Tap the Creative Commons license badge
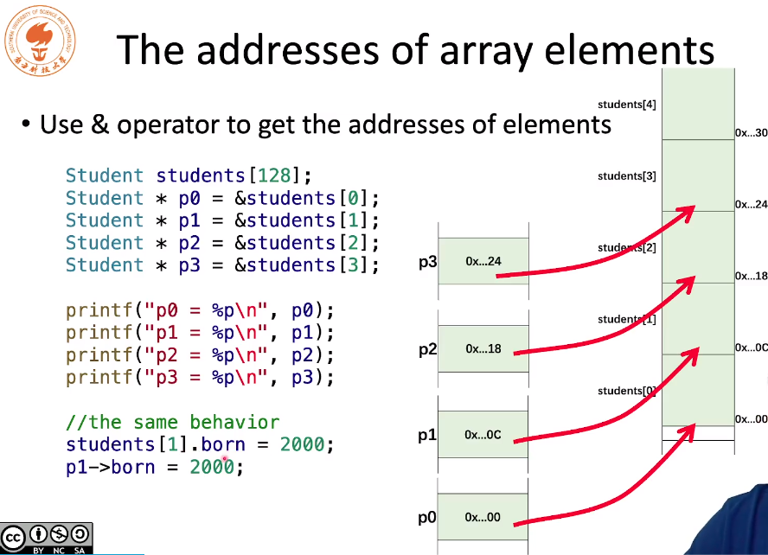point(47,539)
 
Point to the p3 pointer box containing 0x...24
point(483,261)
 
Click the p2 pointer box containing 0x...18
point(483,349)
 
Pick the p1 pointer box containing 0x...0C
point(483,435)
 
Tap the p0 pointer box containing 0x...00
point(483,518)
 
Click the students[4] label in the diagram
point(626,105)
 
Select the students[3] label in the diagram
point(626,176)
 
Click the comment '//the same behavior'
point(172,423)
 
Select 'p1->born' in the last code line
point(111,468)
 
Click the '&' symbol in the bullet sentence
point(99,125)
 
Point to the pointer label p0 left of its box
point(426,519)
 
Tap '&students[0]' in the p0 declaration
point(307,198)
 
